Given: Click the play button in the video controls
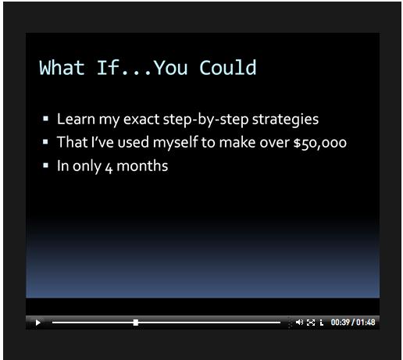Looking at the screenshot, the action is pos(38,323).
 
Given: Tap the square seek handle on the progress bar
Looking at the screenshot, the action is pos(136,323).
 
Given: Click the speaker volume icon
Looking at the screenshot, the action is pos(299,323).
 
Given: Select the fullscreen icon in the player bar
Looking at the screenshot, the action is pos(311,323).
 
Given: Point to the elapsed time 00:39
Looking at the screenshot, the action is pos(340,323).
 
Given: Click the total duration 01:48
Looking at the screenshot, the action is pos(366,323).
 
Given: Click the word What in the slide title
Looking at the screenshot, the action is pos(62,68).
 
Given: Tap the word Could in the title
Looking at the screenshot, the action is pos(228,68).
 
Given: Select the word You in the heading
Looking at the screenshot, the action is pos(171,68).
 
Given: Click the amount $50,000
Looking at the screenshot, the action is pos(320,143).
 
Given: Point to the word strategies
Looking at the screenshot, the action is pos(285,119).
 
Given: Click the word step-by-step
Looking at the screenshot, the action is pos(205,119).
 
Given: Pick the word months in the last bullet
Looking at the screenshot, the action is pos(142,166).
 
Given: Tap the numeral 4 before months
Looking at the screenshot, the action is pos(109,168).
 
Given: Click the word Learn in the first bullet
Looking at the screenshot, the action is pos(76,119).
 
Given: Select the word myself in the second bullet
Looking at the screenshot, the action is pos(176,143).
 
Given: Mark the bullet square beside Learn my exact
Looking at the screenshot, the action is pos(45,119).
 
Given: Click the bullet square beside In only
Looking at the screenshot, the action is pos(45,166).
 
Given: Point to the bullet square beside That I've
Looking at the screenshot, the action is pos(45,142).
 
